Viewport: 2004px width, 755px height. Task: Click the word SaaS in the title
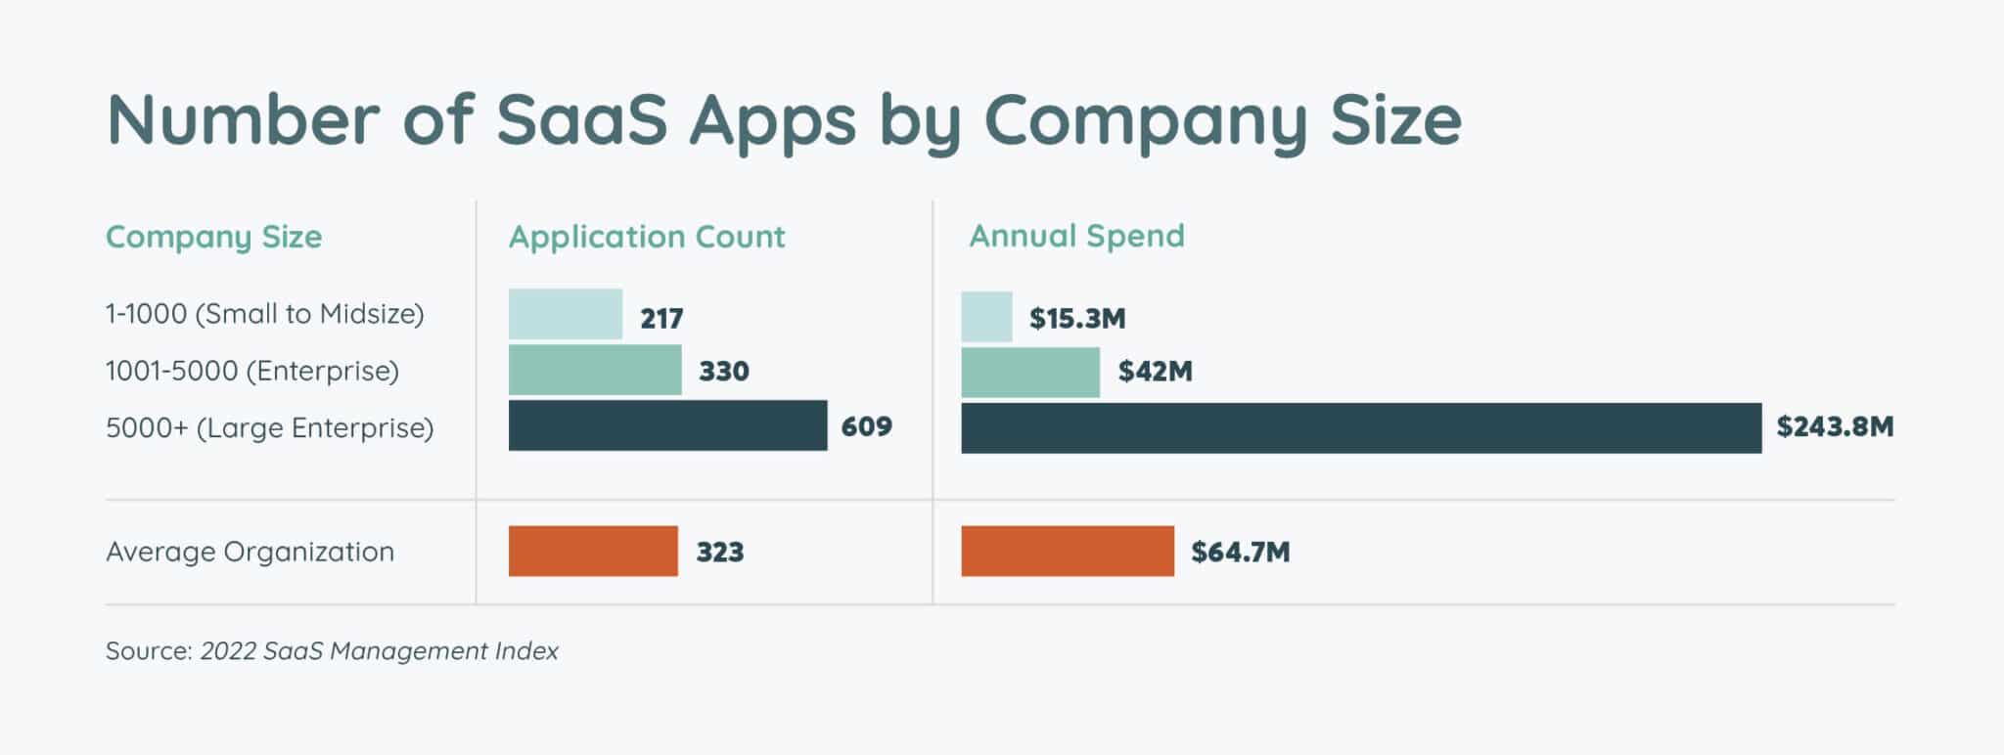(x=581, y=120)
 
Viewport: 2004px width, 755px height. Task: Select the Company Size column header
(x=213, y=237)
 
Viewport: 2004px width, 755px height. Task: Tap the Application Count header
(x=647, y=237)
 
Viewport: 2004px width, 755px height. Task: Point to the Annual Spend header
(x=1076, y=236)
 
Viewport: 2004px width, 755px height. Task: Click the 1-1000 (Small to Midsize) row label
(x=264, y=314)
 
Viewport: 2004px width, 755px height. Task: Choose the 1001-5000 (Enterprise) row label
(x=252, y=371)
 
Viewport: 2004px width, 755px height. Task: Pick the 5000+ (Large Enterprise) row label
(x=269, y=427)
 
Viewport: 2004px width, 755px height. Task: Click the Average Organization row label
(x=250, y=552)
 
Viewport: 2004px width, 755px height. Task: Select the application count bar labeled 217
(x=565, y=314)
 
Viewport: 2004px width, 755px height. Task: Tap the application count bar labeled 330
(x=595, y=370)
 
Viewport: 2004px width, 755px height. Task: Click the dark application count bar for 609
(x=667, y=425)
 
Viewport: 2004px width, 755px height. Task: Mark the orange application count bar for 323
(x=593, y=551)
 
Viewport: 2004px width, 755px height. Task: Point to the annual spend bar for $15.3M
(x=986, y=317)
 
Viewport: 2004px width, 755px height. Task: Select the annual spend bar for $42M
(x=1030, y=372)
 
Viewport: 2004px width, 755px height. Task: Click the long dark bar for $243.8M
(x=1361, y=427)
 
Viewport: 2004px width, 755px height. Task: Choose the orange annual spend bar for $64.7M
(x=1068, y=551)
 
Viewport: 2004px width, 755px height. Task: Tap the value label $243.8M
(x=1835, y=426)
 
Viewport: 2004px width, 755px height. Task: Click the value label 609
(x=866, y=426)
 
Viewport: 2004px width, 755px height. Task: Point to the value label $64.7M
(x=1240, y=552)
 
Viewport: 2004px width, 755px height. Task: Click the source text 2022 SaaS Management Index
(x=379, y=651)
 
